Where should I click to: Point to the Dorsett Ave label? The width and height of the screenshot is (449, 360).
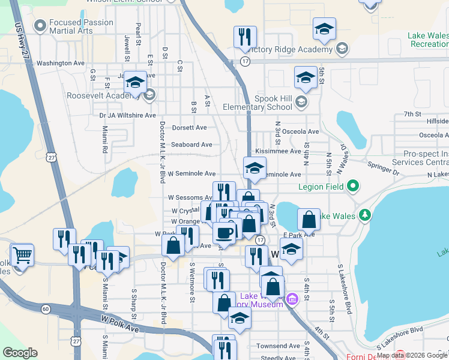(x=189, y=128)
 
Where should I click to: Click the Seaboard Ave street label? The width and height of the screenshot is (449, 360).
(x=191, y=145)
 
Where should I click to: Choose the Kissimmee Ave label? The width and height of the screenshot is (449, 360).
(x=278, y=151)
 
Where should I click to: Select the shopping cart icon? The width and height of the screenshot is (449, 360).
(x=22, y=256)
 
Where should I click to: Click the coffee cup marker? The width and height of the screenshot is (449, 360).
(x=224, y=233)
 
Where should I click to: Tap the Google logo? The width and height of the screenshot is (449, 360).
(x=20, y=353)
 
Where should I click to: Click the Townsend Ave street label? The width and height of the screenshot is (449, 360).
(x=278, y=346)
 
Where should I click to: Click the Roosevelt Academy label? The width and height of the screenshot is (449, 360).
(x=95, y=96)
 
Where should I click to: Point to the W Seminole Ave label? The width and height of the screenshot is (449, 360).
(x=191, y=174)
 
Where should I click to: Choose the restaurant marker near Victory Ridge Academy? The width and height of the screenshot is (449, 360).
(x=245, y=38)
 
